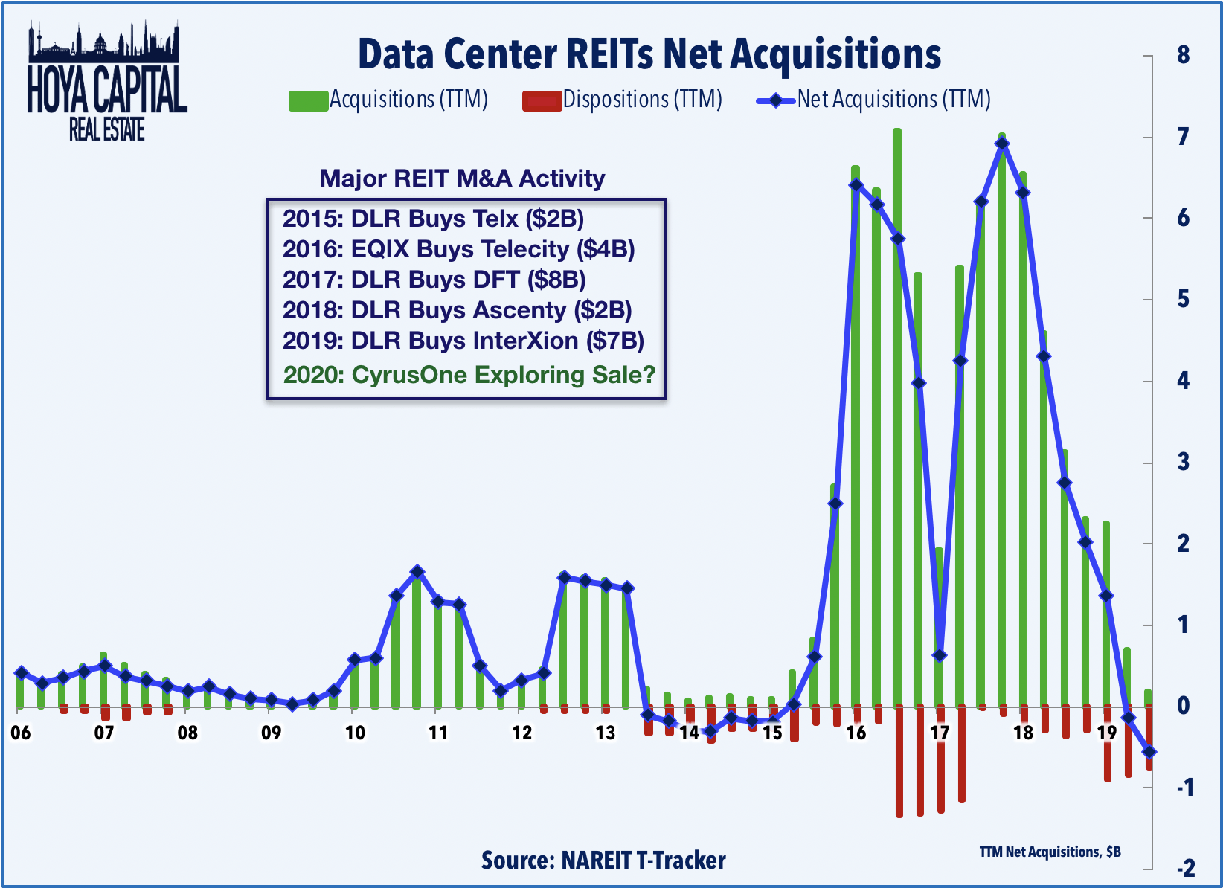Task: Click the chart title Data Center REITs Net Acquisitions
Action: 649,55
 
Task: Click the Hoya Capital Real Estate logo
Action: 106,82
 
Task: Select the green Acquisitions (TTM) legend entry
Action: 388,100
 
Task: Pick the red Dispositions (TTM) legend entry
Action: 622,100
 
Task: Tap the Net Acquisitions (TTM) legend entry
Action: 873,100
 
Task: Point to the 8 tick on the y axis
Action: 1183,56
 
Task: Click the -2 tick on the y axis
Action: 1185,868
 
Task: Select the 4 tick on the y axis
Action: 1183,382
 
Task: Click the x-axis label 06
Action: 21,733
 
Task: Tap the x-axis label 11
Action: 438,733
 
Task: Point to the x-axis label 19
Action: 1106,733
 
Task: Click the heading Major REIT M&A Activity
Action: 462,178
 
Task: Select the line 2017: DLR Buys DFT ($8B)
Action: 434,280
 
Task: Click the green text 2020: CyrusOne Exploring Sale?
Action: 469,375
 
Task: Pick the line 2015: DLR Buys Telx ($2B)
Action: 433,219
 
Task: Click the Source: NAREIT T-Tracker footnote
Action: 603,861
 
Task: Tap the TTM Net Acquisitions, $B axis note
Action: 1050,852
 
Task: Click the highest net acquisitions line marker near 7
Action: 1002,144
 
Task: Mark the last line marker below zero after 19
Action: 1149,752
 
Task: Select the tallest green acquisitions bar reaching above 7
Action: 897,416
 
